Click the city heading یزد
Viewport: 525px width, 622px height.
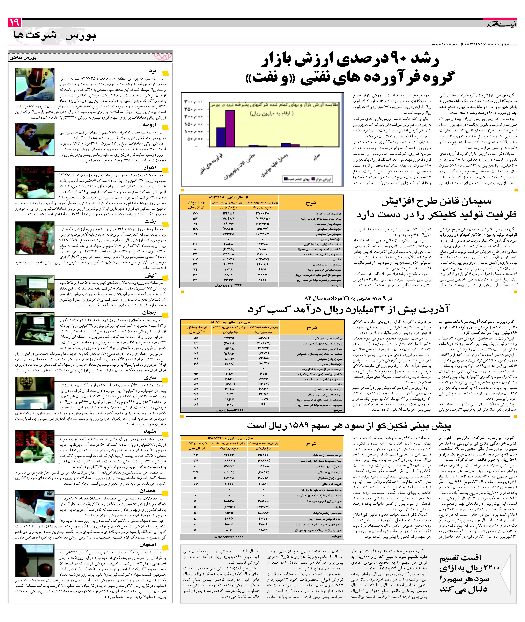153,71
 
